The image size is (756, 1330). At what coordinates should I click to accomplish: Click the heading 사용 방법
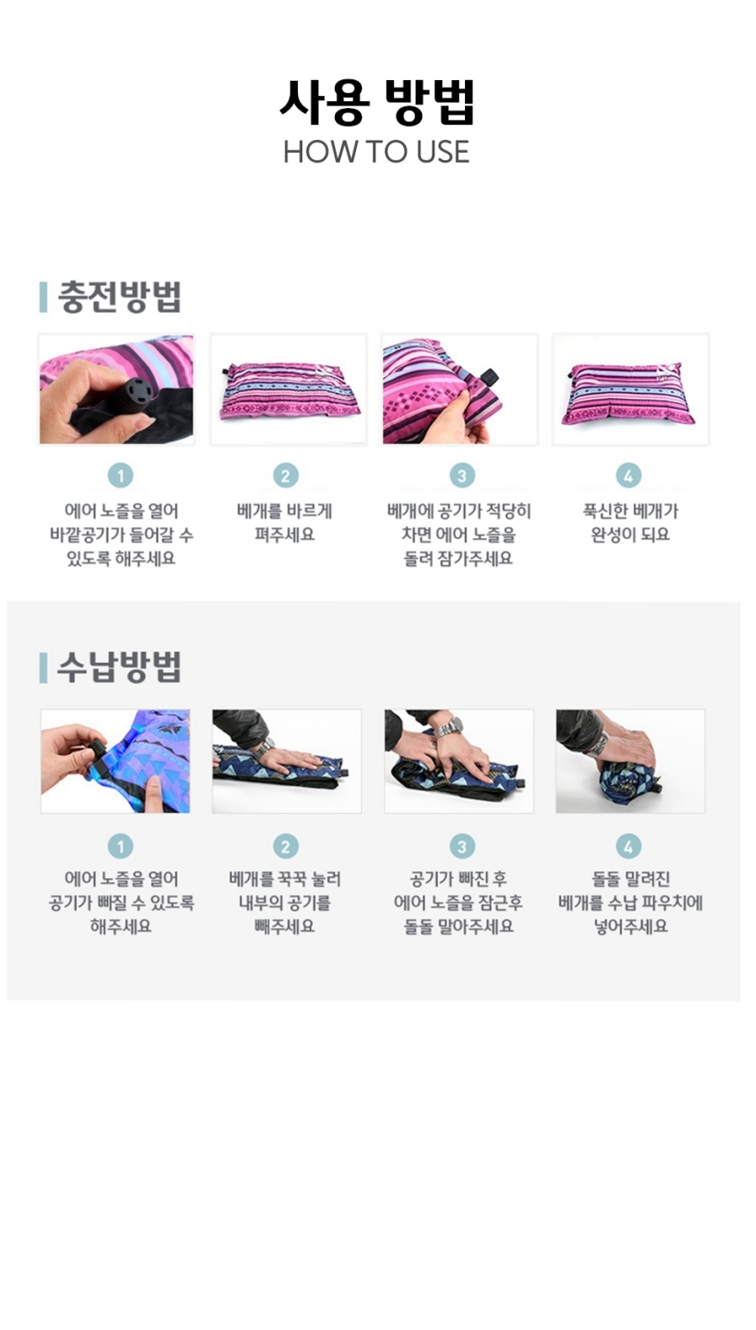tap(377, 102)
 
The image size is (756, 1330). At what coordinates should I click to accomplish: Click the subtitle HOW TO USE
tap(376, 152)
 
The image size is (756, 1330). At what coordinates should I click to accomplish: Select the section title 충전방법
tap(119, 297)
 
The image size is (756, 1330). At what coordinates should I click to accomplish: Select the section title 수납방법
tap(119, 667)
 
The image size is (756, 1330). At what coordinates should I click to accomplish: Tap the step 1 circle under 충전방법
tap(120, 476)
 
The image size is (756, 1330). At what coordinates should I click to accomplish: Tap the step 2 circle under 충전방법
tap(286, 476)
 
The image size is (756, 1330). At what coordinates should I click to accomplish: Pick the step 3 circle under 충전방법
tap(462, 476)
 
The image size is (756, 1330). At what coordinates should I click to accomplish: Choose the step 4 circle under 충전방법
tap(629, 476)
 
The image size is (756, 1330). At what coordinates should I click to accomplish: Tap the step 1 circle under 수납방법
tap(120, 847)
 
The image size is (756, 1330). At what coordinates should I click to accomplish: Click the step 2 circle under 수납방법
tap(286, 847)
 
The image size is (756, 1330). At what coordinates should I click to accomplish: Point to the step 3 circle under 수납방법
tap(462, 847)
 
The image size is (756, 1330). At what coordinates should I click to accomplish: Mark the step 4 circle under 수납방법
tap(629, 847)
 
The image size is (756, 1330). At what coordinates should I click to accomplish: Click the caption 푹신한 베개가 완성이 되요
tap(630, 523)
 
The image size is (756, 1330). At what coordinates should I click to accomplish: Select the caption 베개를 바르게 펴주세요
tap(285, 523)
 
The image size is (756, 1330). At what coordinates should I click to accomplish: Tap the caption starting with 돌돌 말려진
tap(630, 903)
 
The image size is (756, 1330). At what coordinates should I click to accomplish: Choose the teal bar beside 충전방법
tap(43, 297)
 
